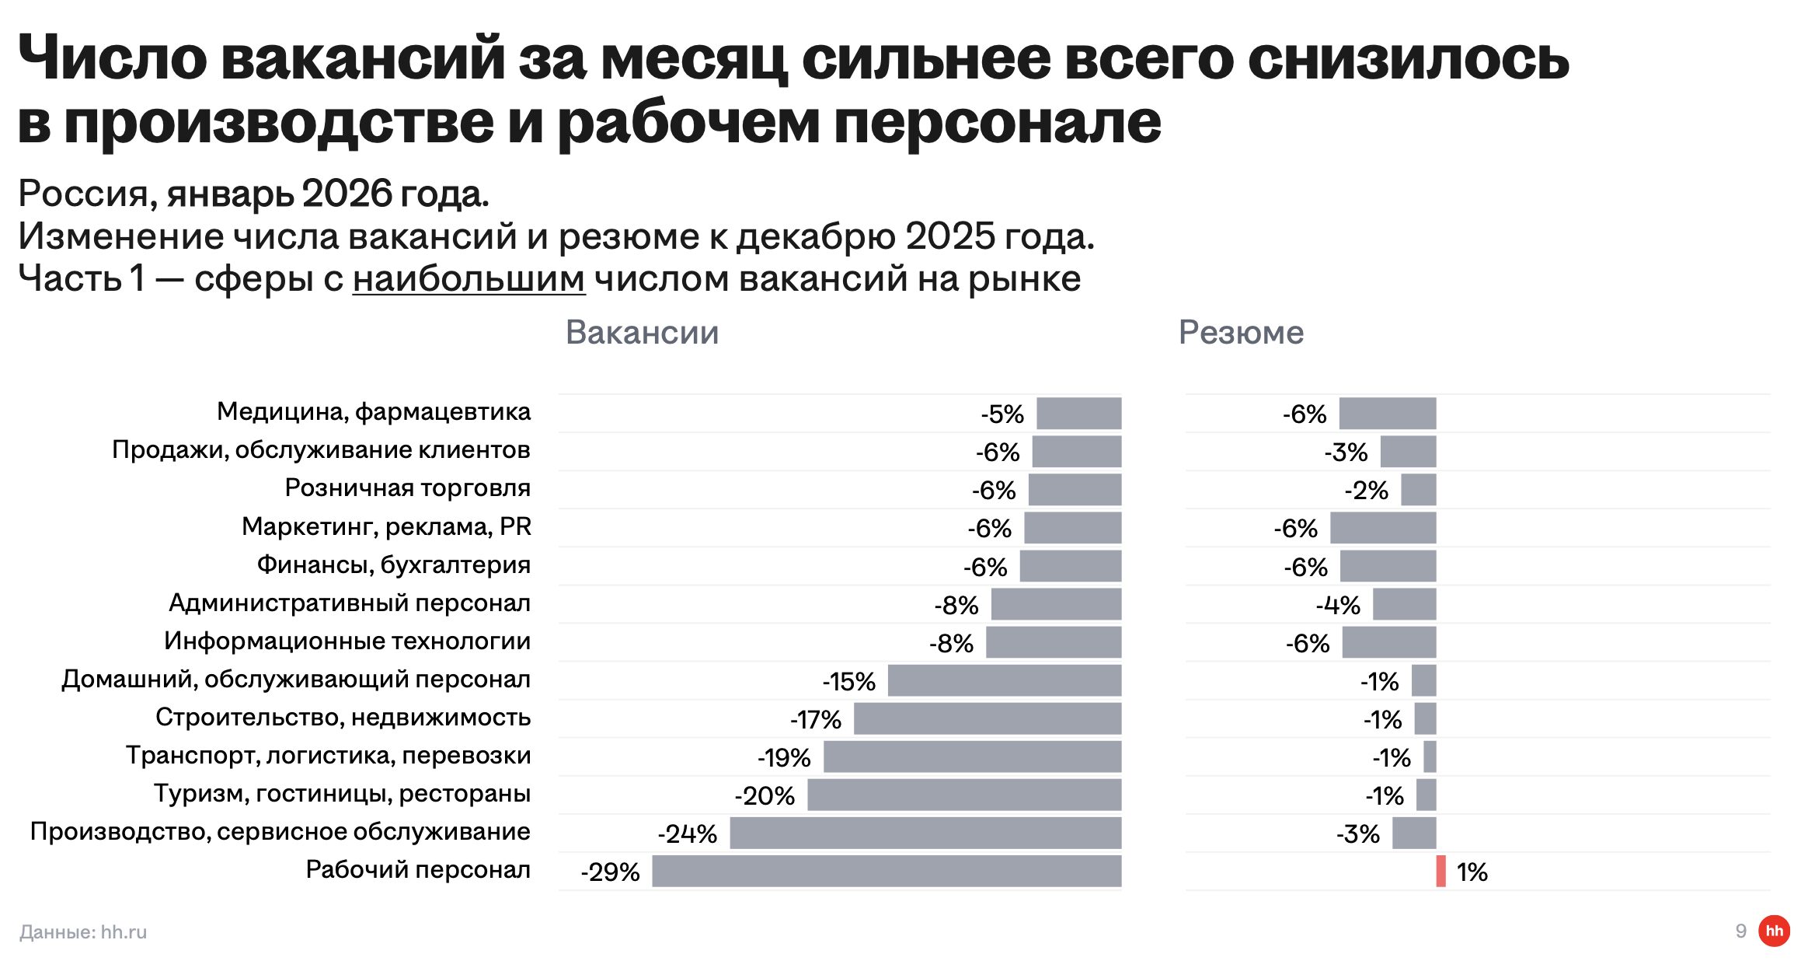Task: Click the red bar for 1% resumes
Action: click(x=1440, y=871)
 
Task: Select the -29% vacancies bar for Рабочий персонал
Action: click(x=887, y=871)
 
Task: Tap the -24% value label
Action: click(x=687, y=833)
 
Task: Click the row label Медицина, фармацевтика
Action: click(x=374, y=411)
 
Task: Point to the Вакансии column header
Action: click(x=642, y=332)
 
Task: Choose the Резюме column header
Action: click(x=1241, y=332)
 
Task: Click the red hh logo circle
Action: click(x=1774, y=931)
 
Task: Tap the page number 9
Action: click(x=1741, y=931)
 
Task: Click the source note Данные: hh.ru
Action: click(x=83, y=931)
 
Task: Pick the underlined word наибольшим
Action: click(x=469, y=278)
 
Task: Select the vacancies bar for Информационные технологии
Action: click(x=1054, y=642)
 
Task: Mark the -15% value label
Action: click(x=848, y=682)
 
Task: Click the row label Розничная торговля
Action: click(x=407, y=487)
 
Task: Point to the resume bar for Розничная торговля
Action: click(x=1418, y=490)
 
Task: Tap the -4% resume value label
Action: click(x=1338, y=605)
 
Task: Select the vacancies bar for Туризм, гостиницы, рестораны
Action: click(x=964, y=795)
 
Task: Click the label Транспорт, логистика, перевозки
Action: click(x=329, y=755)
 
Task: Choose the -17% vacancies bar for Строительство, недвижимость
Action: click(x=988, y=718)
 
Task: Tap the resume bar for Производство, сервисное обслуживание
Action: click(x=1414, y=833)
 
